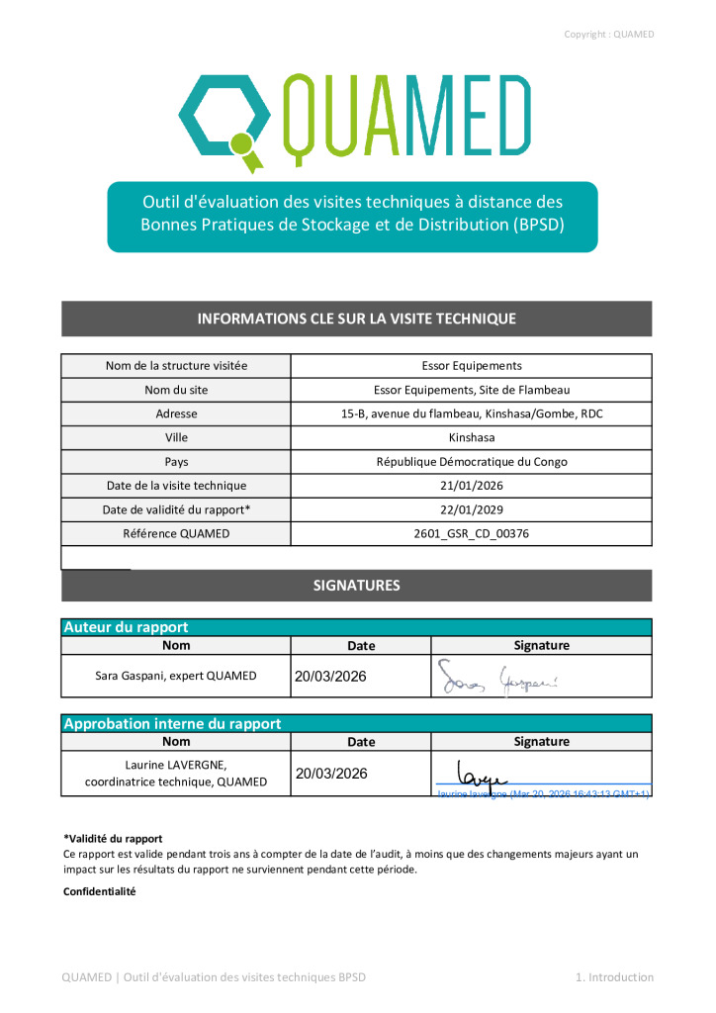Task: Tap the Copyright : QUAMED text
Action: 608,35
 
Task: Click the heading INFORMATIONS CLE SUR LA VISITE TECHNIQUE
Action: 356,319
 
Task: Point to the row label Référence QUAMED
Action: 176,533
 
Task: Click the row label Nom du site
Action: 176,390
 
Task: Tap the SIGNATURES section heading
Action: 356,586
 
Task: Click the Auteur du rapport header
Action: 126,627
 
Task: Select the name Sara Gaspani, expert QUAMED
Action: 176,677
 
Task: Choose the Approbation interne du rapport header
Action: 172,723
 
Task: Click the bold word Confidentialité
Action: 98,891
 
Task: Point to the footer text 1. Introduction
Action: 614,977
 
